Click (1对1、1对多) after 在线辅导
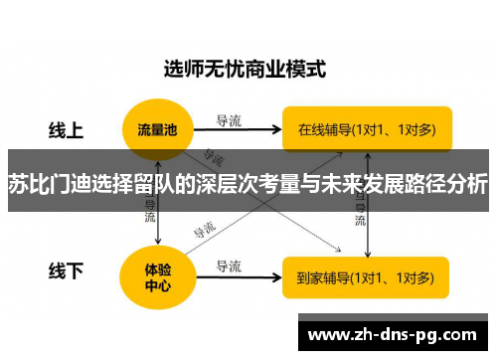click(397, 128)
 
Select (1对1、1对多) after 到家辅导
click(397, 276)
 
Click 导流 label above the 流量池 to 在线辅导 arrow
click(230, 120)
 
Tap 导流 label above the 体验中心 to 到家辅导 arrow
click(230, 266)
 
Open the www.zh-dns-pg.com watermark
click(396, 333)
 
